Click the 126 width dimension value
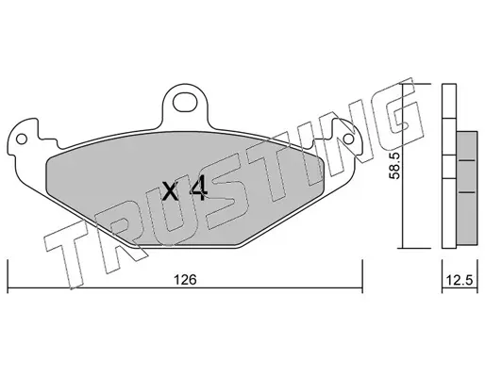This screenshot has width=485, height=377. click(186, 279)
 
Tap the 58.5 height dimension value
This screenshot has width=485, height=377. click(394, 166)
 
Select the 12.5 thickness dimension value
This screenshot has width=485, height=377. click(460, 280)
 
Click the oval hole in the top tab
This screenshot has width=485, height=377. click(185, 102)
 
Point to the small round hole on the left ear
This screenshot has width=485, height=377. click(22, 139)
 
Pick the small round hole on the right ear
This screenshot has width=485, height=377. click(349, 139)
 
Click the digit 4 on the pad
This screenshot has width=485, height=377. click(198, 188)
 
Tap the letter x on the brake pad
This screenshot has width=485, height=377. click(170, 191)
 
